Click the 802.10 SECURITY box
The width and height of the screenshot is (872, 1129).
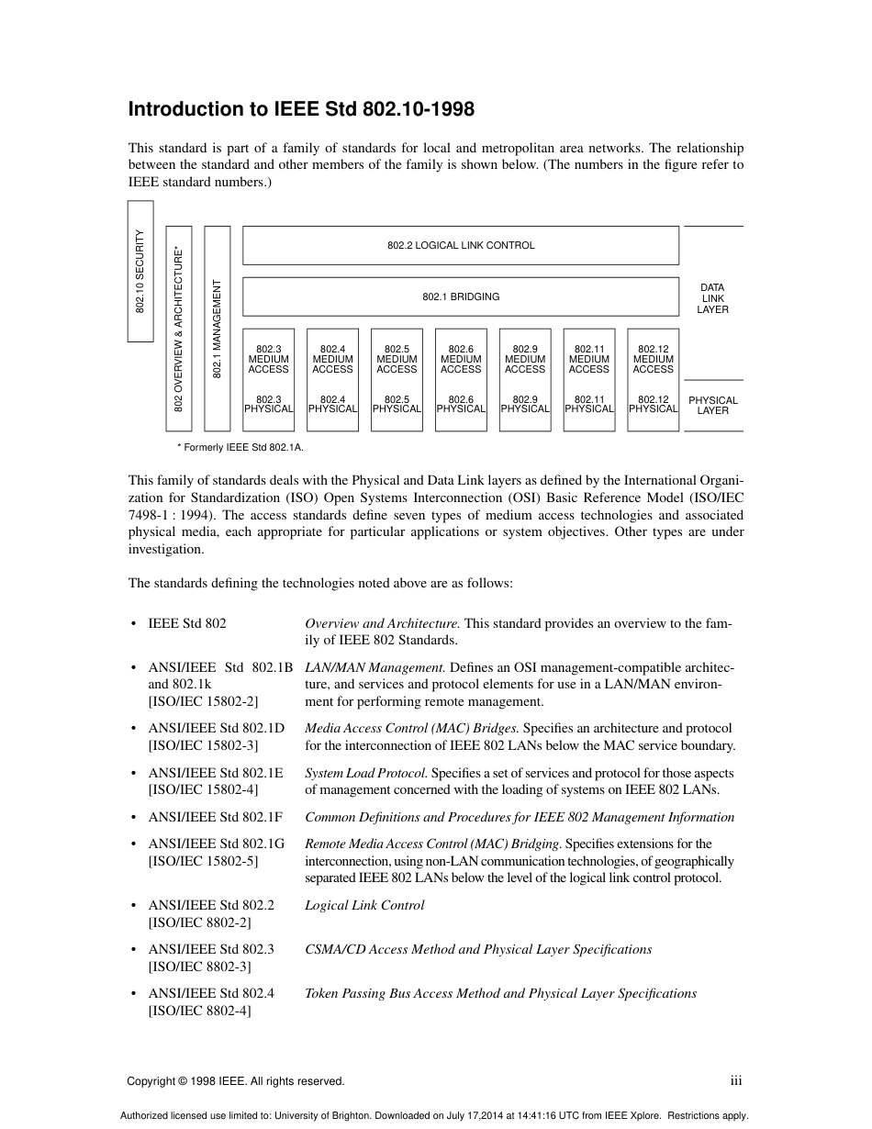click(x=140, y=272)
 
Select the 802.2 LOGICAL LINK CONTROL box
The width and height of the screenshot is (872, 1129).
click(x=460, y=245)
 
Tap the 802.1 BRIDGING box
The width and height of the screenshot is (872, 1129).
click(x=460, y=297)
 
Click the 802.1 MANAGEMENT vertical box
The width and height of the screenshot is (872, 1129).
click(x=217, y=329)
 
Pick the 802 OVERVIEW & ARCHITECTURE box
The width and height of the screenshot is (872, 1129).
click(x=178, y=329)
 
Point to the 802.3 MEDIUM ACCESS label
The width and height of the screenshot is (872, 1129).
click(x=268, y=360)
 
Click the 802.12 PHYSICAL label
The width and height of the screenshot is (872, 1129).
click(x=653, y=405)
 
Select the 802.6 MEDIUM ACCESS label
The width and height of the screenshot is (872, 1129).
click(x=461, y=360)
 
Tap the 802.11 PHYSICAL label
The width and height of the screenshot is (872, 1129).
click(x=588, y=405)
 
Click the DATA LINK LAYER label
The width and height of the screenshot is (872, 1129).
click(x=712, y=298)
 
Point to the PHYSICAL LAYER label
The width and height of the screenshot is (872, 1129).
click(x=712, y=406)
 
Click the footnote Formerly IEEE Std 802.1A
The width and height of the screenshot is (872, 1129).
click(x=240, y=447)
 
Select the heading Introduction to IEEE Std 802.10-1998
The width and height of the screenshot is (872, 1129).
click(x=301, y=110)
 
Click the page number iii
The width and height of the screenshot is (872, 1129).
click(x=735, y=1080)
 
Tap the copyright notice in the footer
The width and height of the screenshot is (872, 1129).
click(x=236, y=1081)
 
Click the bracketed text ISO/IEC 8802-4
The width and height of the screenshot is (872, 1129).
click(x=199, y=1011)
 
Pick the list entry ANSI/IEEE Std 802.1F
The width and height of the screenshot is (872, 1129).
click(x=216, y=817)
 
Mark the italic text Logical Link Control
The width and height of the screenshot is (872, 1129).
click(x=364, y=905)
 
